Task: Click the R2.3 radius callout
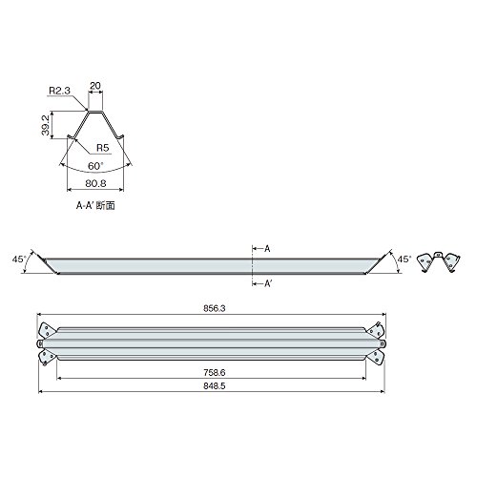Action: pos(59,91)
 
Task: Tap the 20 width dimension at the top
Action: pos(95,86)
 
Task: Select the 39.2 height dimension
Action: pos(46,125)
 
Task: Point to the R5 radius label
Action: pos(102,148)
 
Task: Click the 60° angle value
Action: pos(95,166)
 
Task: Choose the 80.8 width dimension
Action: pos(95,183)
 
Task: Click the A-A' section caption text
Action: pos(95,206)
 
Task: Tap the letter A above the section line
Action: pos(267,249)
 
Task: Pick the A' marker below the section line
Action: pos(268,283)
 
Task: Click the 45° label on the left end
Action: pos(18,259)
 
